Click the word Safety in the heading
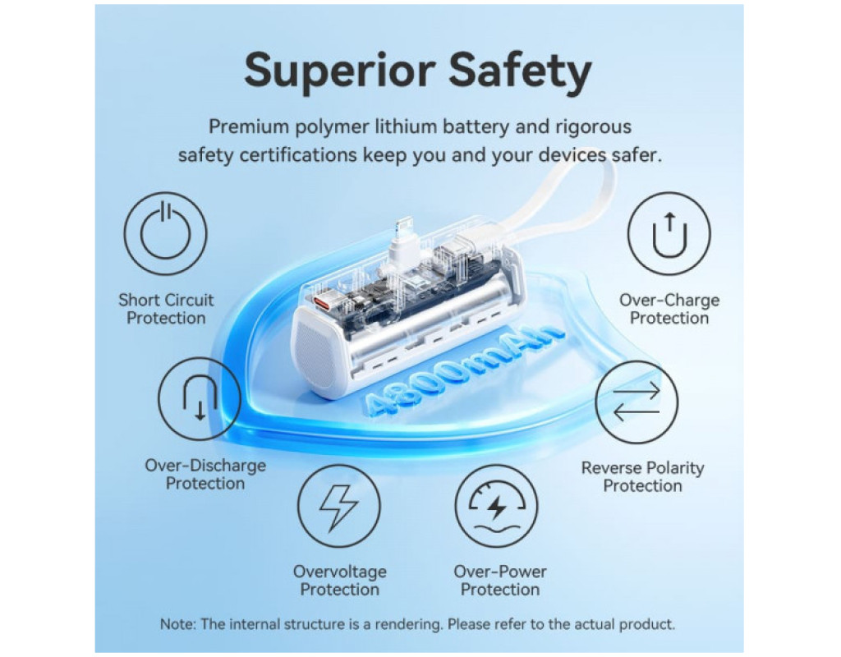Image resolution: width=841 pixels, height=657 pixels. click(520, 71)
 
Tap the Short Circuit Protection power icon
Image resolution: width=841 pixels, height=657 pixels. click(165, 234)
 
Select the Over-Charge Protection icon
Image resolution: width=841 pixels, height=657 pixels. click(669, 234)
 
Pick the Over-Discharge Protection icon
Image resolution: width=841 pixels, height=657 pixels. click(200, 399)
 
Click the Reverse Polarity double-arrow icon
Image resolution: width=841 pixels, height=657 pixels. click(636, 402)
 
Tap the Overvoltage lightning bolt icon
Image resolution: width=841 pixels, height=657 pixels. click(339, 506)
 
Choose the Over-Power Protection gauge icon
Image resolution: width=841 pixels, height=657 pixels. click(497, 506)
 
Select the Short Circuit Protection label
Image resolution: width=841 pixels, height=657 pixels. click(166, 309)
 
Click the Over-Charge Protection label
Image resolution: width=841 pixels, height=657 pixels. click(669, 309)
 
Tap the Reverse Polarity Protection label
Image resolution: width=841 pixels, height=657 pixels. click(642, 477)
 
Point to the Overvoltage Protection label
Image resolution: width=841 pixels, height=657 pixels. click(339, 581)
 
